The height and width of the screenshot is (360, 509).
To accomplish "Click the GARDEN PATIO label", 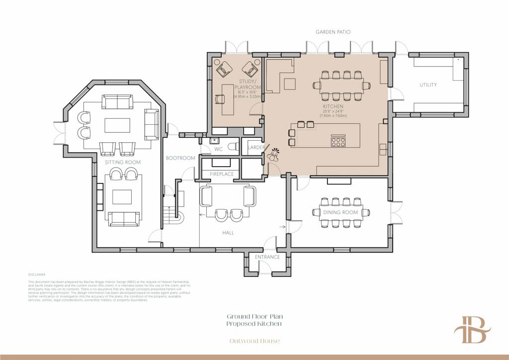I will point(333,32).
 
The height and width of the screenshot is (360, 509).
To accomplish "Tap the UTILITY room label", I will point(428,85).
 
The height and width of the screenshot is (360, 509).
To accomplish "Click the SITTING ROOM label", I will point(122,163).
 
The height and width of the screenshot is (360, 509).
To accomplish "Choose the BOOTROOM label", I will point(180,158).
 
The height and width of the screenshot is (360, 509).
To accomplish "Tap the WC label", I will point(218,149).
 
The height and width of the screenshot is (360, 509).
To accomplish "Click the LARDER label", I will point(255,148).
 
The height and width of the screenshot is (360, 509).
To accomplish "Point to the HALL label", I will point(229,232).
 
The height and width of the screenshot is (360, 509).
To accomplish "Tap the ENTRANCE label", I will point(267,257).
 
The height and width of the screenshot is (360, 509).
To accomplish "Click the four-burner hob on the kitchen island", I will point(339,142).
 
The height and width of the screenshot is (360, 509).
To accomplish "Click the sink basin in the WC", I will point(215,140).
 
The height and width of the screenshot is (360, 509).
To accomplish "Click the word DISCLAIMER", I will point(37,274).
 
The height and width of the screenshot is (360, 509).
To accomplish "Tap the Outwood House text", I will point(254,341).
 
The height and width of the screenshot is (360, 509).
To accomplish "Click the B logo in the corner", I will point(472,330).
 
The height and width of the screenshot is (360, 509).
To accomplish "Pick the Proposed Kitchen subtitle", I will point(254,324).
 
